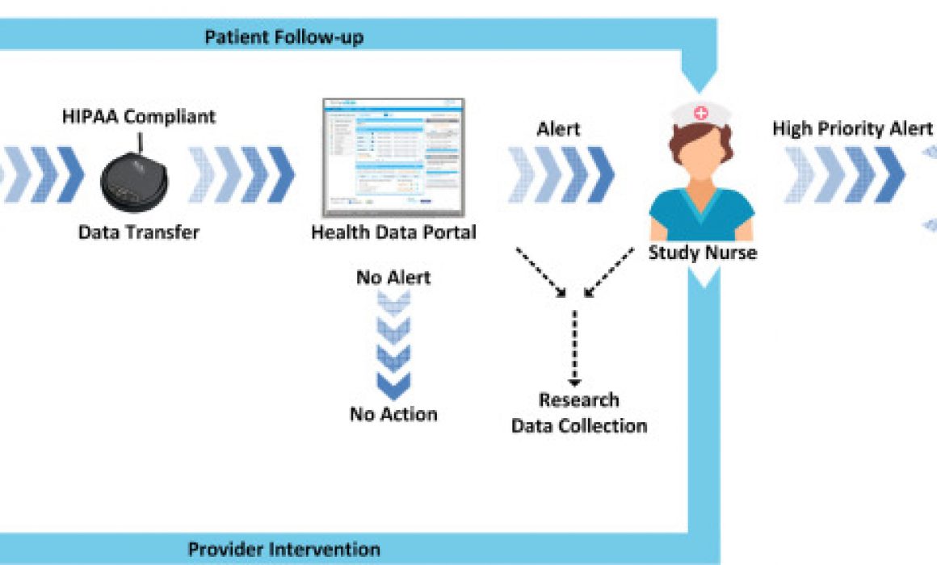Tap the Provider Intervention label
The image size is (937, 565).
pos(284,550)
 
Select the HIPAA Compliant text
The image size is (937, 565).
pos(139,116)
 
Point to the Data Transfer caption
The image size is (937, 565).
pos(138,232)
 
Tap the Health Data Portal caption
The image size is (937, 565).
pos(393,232)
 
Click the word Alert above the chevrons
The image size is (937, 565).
pos(558,129)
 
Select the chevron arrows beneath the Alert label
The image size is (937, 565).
pos(561,174)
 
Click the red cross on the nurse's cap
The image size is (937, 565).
pos(700,114)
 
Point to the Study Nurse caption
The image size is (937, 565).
pos(702,253)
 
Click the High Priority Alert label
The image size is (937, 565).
pos(852,129)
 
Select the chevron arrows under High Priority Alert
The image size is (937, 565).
pos(844,174)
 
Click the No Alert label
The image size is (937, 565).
pos(393,278)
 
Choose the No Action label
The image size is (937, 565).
pos(393,414)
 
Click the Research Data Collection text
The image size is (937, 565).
pos(579,412)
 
